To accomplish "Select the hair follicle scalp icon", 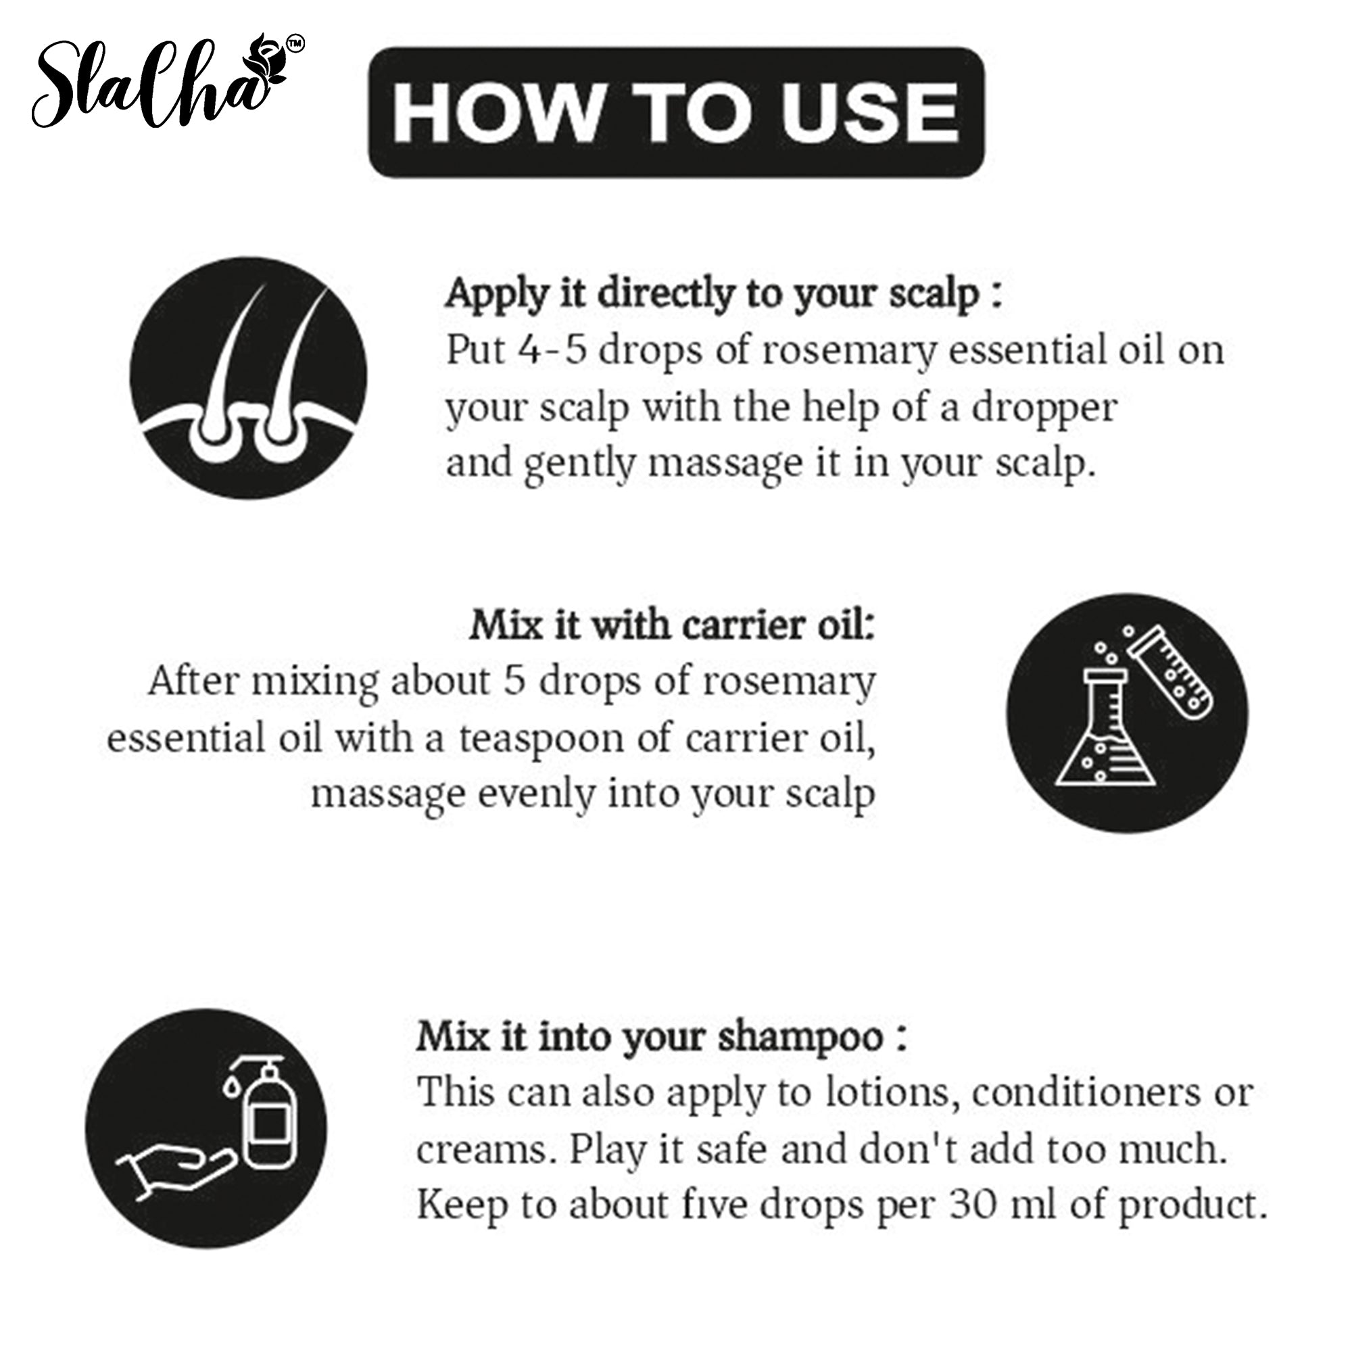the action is (x=248, y=379).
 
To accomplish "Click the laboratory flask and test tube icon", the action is (x=1127, y=714).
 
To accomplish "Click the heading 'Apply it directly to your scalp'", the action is (x=724, y=294).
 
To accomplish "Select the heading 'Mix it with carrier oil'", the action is (x=673, y=625).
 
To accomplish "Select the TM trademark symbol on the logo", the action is (x=295, y=44).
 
